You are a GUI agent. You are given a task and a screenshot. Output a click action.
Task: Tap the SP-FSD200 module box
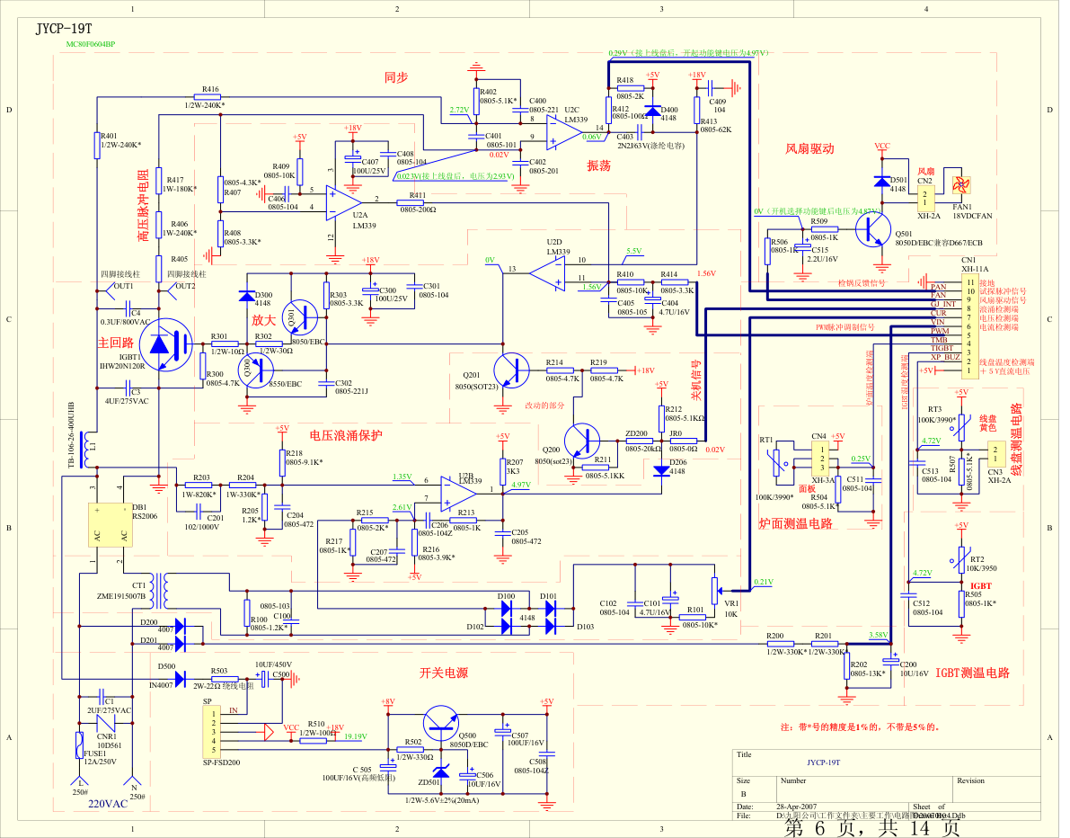tap(214, 731)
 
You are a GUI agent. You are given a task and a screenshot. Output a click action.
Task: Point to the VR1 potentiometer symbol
tap(715, 590)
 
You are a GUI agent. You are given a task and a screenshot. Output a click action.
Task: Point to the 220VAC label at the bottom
tap(107, 805)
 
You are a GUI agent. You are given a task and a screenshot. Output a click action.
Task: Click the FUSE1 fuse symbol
tap(80, 744)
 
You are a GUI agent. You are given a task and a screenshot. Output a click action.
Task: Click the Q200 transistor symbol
tap(583, 441)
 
